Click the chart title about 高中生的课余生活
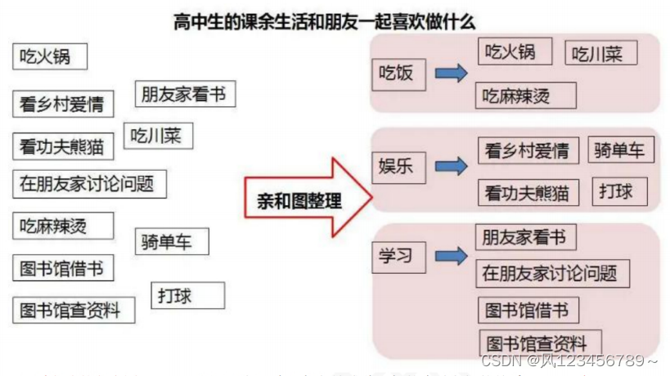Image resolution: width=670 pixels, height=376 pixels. coord(324,21)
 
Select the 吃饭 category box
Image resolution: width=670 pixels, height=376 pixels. coord(397,74)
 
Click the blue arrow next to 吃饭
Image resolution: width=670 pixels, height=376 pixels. coord(451,74)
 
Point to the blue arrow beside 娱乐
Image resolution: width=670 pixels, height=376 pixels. coord(451,167)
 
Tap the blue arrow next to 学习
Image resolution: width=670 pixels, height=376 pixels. coord(451,257)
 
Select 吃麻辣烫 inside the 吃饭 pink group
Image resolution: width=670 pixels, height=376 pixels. coord(527,96)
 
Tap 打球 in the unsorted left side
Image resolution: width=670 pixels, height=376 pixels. coord(187,295)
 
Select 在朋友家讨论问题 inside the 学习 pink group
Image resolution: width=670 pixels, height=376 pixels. coord(552,274)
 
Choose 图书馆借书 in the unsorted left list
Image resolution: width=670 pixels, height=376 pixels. coord(63,267)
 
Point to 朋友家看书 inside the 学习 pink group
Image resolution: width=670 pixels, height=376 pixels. coord(525,237)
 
